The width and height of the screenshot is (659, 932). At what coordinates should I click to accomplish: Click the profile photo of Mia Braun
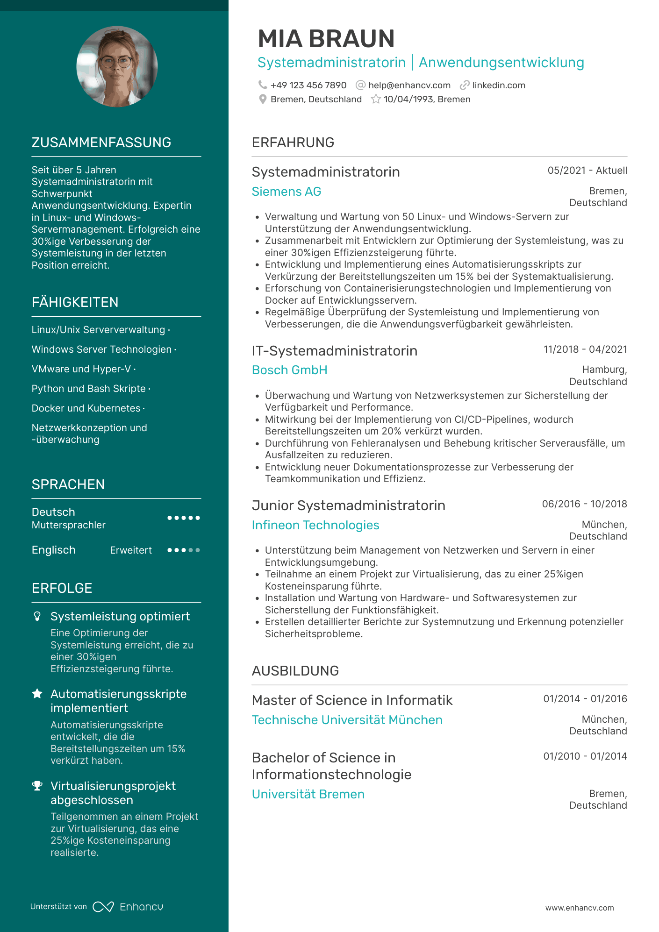point(117,66)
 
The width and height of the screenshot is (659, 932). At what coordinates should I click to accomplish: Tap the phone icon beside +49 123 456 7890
point(263,85)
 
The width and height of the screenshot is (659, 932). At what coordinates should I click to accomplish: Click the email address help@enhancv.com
point(409,85)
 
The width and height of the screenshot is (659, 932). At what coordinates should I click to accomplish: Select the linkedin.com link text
point(498,85)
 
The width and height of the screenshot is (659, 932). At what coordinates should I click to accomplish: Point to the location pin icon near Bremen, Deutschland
point(263,99)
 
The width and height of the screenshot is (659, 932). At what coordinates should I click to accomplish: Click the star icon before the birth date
point(376,99)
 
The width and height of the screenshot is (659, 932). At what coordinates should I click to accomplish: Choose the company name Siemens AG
point(286,192)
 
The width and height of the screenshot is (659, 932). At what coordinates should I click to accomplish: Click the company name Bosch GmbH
point(289,370)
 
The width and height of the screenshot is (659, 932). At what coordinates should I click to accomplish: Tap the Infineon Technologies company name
point(315,525)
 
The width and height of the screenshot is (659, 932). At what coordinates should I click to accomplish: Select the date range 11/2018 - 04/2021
point(585,349)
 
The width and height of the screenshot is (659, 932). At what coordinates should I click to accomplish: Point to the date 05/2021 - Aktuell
point(587,171)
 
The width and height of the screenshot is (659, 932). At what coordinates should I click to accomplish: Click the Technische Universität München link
point(347,720)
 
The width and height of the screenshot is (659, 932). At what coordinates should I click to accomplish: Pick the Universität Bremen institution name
point(308,794)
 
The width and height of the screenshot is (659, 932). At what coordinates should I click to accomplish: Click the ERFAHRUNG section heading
point(293,142)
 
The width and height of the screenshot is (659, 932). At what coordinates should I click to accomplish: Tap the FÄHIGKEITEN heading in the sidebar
point(75,302)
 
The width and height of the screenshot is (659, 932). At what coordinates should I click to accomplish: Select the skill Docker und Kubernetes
point(86,408)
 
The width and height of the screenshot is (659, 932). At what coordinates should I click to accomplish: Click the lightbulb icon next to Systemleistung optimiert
point(37,617)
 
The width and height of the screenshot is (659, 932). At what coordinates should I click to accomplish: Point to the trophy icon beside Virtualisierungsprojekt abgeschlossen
point(37,786)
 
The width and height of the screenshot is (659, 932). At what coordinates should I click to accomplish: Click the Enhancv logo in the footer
point(128,907)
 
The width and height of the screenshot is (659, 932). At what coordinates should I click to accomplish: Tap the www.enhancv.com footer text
point(580,908)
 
